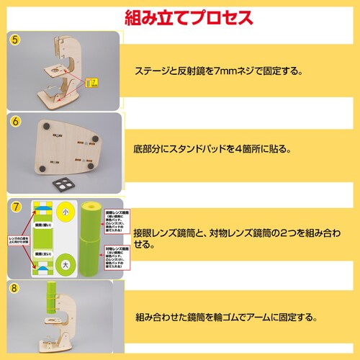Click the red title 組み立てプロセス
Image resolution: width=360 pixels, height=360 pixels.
[x=179, y=16]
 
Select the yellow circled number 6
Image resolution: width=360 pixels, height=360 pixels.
[x=15, y=122]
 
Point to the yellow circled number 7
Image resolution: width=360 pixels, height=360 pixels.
[x=15, y=206]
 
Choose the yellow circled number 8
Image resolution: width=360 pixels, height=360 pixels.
[x=15, y=289]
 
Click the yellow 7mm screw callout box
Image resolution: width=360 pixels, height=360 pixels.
[x=91, y=84]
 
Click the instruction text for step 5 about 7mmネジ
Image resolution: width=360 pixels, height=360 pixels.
[x=217, y=71]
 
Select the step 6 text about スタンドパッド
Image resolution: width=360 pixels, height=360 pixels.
[x=211, y=150]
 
